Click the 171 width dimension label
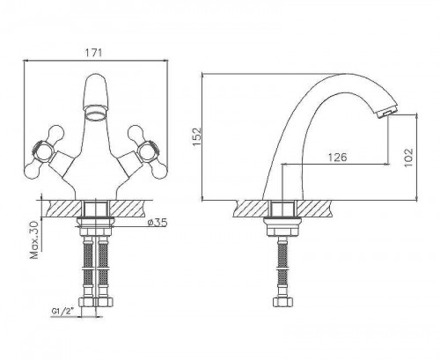93,53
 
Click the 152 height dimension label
196,136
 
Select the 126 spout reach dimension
337,158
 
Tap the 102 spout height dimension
408,158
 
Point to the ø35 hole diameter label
158,223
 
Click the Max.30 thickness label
34,239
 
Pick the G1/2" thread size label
62,311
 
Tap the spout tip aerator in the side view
387,113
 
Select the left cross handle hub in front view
44,151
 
